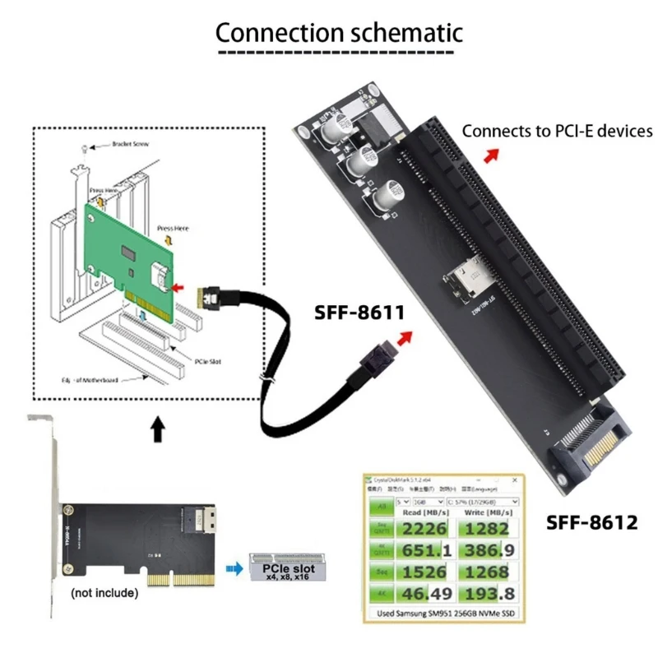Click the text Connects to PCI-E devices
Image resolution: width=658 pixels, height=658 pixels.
[x=557, y=131]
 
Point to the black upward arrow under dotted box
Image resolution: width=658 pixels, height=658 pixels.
[x=156, y=428]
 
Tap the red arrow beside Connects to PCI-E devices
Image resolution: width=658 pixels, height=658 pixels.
[x=490, y=156]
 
